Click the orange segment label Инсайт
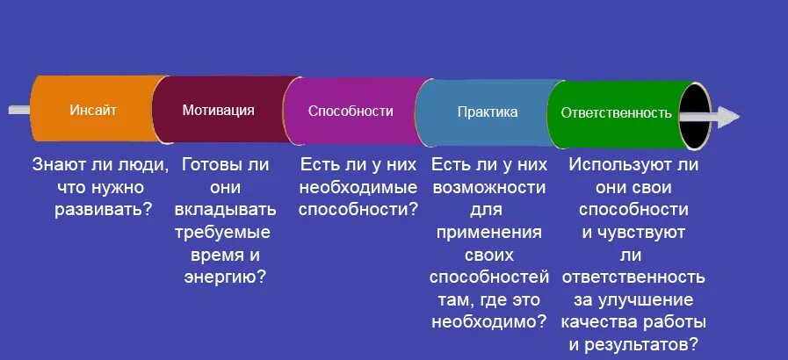[93, 111]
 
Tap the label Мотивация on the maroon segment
[219, 111]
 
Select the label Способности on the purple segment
[351, 112]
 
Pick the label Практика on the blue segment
[488, 112]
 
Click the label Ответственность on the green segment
[610, 113]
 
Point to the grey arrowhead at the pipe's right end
[728, 115]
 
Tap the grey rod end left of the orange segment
[19, 110]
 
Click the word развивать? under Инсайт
[91, 209]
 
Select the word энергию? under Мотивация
[224, 277]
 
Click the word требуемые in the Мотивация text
[224, 232]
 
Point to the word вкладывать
[224, 209]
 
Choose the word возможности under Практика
[488, 187]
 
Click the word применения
[488, 232]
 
